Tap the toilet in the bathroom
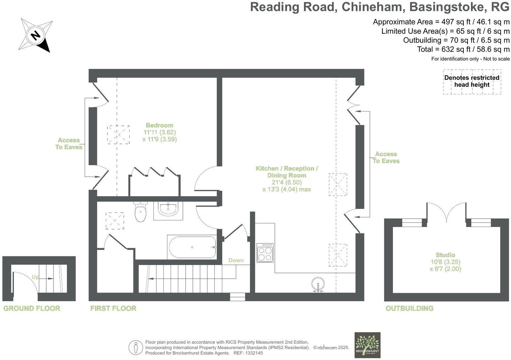pos(140,212)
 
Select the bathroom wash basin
pos(168,210)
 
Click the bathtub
pos(192,247)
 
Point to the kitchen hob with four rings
pos(265,253)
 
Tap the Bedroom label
pos(159,125)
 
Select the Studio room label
pos(445,255)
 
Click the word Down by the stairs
pos(236,260)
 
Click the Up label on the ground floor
pos(35,277)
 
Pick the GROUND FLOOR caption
pos(32,308)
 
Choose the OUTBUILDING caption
pos(409,308)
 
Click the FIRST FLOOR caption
pos(113,308)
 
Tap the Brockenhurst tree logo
pos(367,345)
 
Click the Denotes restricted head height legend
pos(472,81)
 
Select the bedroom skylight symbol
pos(118,134)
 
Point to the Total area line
pos(463,49)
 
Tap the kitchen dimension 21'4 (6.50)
pos(286,182)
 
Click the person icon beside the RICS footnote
pos(136,347)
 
